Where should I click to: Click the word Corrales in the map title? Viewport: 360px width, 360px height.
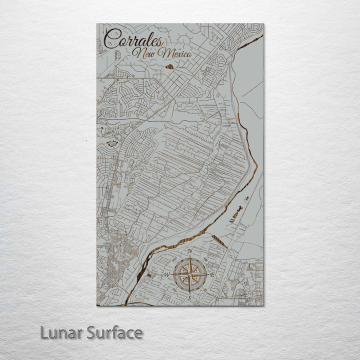(133, 40)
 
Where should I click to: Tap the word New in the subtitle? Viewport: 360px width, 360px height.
(144, 53)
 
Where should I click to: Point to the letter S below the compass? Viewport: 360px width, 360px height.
(189, 297)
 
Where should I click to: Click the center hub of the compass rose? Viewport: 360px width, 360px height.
(190, 275)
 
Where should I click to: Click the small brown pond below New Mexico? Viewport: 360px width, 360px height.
(169, 66)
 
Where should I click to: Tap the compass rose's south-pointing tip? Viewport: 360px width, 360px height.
(190, 293)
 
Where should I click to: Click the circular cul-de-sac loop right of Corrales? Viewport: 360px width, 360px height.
(184, 39)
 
